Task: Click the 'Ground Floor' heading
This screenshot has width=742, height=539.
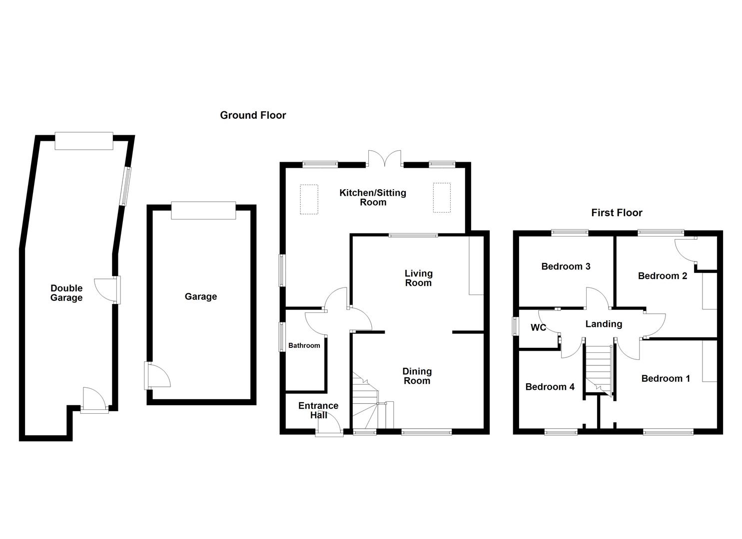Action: coord(253,115)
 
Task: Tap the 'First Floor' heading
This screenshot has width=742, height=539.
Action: coord(617,213)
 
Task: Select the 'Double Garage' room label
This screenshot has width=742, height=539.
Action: coord(66,293)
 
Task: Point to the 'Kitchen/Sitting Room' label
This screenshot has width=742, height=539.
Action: coord(373,197)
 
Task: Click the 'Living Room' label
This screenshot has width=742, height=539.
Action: coord(418,278)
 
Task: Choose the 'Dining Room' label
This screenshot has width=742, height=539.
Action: coord(417,376)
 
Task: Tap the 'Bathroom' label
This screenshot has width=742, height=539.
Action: coord(304,345)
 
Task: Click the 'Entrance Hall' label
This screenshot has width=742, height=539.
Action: coord(318,410)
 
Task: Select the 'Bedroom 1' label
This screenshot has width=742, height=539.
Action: coord(666,378)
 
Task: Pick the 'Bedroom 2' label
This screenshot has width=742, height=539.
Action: coord(663,276)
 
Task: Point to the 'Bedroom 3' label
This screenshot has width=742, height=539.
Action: coord(566,267)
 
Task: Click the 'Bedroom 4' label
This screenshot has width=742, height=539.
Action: coord(550,387)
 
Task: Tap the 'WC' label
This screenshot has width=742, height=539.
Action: coord(538,328)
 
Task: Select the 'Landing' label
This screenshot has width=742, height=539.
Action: coord(604,324)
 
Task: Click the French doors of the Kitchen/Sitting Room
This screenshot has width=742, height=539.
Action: coord(385,158)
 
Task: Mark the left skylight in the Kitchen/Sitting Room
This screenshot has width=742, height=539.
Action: coord(309,199)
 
